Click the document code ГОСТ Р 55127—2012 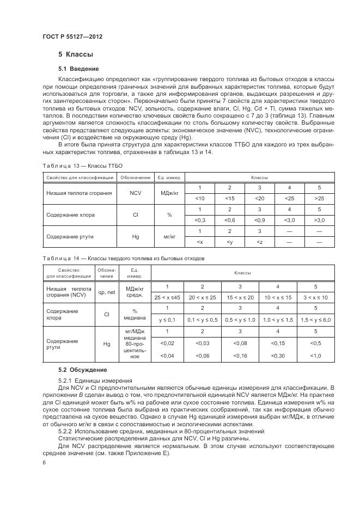pos(72,36)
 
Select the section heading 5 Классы pos(76,54)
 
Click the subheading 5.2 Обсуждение pos(82,370)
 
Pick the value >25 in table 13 pos(319,198)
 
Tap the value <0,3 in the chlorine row pos(200,220)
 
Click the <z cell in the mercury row pos(259,242)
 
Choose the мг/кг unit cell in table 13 pos(169,237)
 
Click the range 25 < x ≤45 pos(167,297)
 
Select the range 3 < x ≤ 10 pos(315,297)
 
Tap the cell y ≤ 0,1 pos(167,320)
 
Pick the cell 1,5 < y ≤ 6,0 pos(315,320)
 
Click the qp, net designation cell pos(107,292)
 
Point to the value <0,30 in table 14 pos(277,355)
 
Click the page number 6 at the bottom pos(44,462)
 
